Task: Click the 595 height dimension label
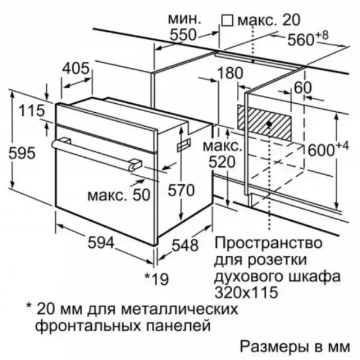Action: point(22,152)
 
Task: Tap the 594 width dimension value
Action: point(101,242)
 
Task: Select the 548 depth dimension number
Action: point(185,245)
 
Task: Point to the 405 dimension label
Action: point(76,68)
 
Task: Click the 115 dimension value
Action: point(31,110)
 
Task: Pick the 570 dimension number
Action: point(181,190)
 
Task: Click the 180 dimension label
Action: point(230,73)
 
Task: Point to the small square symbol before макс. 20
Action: point(227,20)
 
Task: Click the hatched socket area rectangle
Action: point(264,123)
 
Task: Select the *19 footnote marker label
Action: point(157,279)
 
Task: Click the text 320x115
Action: point(246,292)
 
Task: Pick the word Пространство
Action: point(268,243)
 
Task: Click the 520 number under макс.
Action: point(222,162)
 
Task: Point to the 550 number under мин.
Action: point(183,35)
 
